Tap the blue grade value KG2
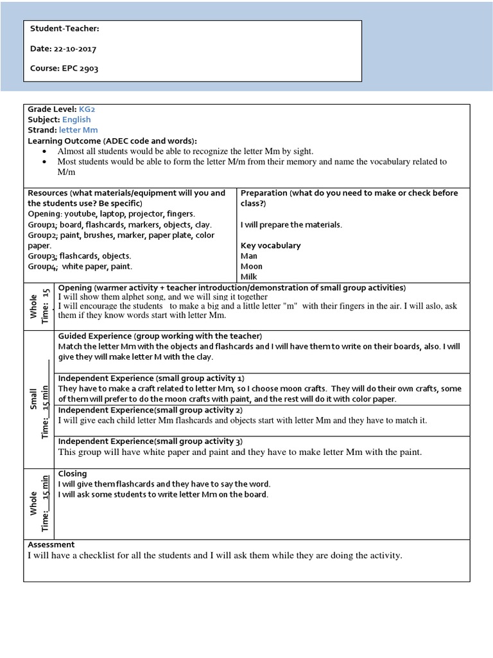[87, 109]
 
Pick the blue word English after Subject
[76, 120]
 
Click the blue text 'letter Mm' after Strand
[83, 130]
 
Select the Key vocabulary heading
[270, 245]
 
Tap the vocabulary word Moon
[251, 266]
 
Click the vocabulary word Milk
[249, 276]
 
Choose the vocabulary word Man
[248, 256]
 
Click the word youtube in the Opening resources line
[78, 213]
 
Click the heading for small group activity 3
[150, 441]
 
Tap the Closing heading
[73, 474]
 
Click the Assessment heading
[51, 545]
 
